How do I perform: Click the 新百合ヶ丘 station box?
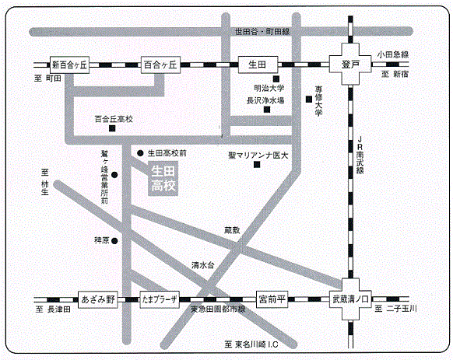point(69,65)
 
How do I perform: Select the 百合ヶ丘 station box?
point(160,65)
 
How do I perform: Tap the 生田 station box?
point(258,65)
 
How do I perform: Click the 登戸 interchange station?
point(350,64)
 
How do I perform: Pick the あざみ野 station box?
point(98,299)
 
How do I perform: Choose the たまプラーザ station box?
point(160,299)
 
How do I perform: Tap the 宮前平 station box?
point(272,299)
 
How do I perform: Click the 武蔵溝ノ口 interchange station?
point(350,299)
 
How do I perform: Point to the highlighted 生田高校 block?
point(163,178)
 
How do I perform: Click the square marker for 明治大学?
point(276,79)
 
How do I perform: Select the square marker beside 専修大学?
point(309,100)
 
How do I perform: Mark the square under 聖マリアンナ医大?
point(257,165)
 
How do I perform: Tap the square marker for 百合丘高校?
point(112,128)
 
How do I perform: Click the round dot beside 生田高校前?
point(140,153)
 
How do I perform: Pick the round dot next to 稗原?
point(114,241)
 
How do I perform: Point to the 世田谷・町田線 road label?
point(262,31)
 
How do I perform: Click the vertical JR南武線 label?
point(360,155)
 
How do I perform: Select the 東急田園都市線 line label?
point(218,309)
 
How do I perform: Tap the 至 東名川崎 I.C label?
point(251,344)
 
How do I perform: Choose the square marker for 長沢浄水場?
point(267,110)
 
